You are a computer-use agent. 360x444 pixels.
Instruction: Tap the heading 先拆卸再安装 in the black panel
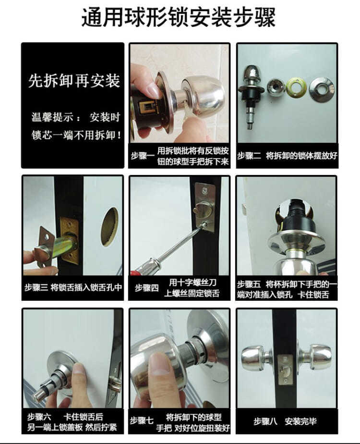73,80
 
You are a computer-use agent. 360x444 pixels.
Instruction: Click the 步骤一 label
142,155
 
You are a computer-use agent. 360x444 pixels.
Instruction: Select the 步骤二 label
249,155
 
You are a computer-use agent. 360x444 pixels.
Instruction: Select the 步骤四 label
146,287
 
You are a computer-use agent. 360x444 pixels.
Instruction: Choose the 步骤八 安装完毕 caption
286,421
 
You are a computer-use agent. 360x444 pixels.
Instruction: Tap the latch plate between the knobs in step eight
287,368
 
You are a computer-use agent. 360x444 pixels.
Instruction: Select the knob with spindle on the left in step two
251,94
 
